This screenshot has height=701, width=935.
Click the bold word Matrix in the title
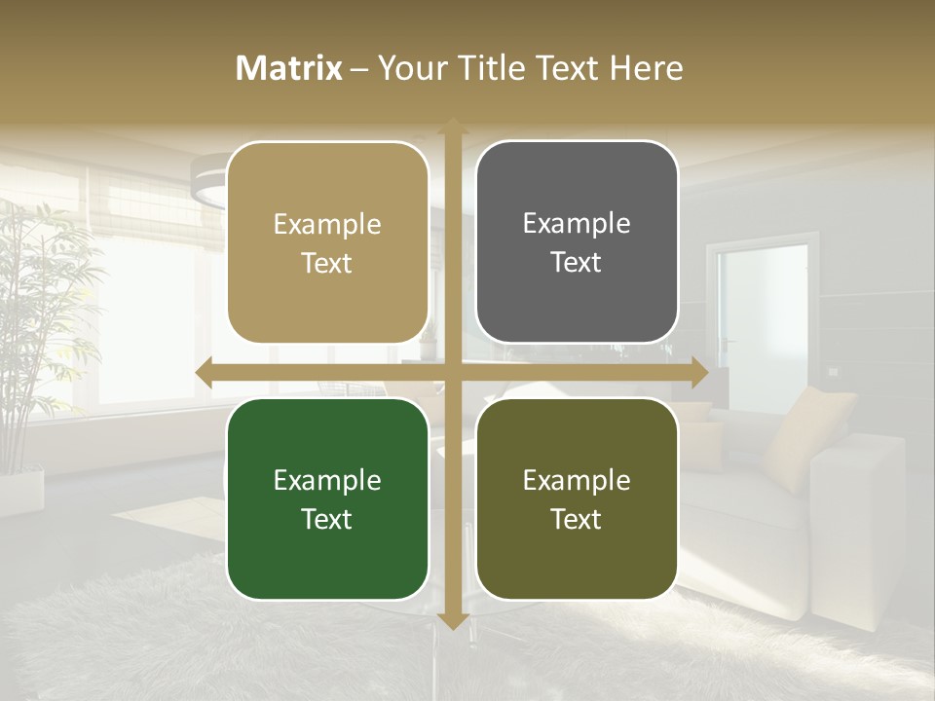[289, 68]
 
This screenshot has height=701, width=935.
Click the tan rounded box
[327, 242]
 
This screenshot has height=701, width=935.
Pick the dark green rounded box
[327, 498]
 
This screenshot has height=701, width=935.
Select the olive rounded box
[577, 498]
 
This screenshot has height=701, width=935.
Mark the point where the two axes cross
[452, 372]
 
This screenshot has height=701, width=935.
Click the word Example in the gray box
[577, 223]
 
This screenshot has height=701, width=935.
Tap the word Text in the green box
[327, 519]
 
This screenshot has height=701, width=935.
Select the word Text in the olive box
[577, 519]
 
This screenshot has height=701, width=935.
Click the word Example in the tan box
[327, 224]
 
